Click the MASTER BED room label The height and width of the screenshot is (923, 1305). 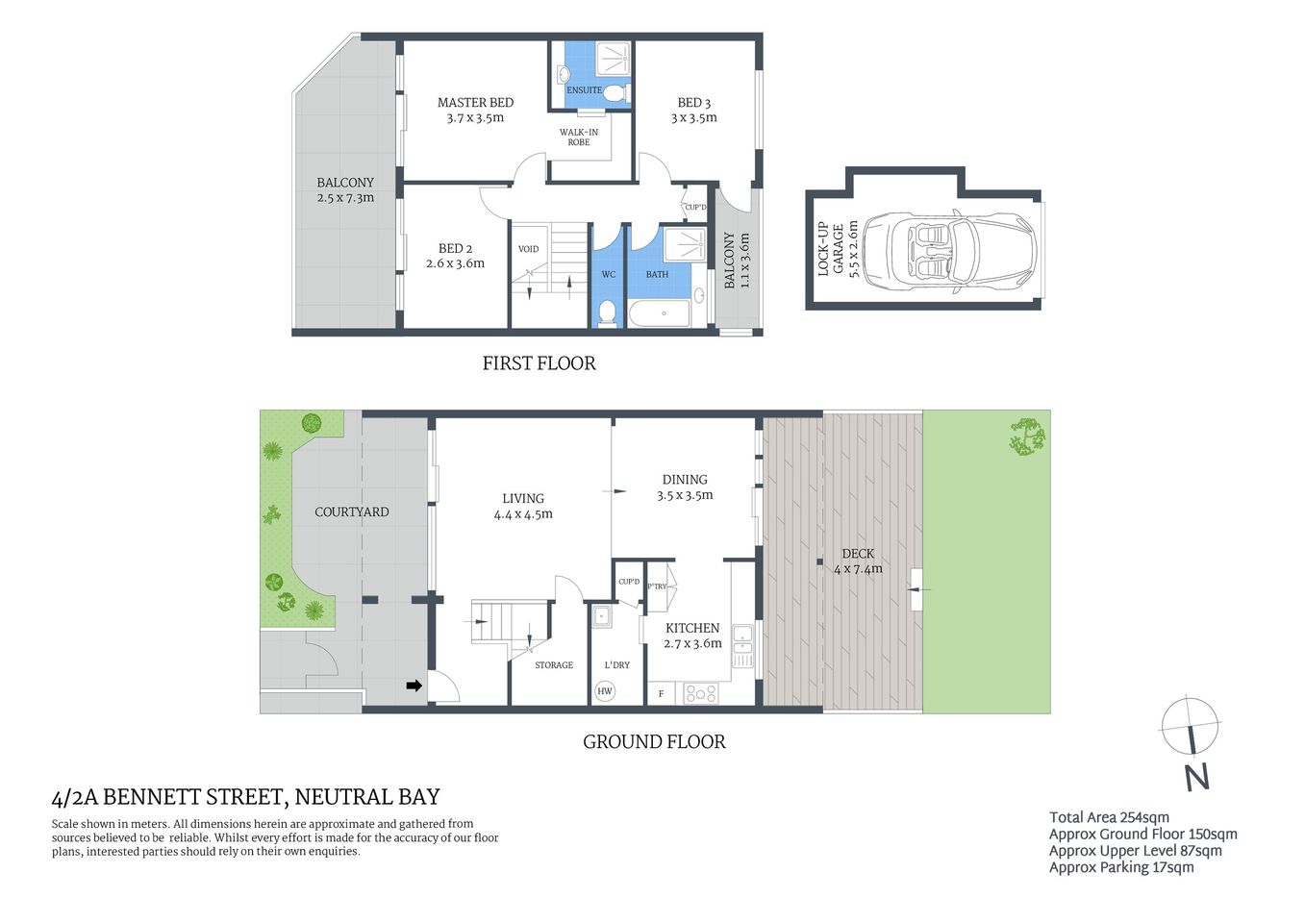pyautogui.click(x=475, y=103)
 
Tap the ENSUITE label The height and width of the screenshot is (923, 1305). pyautogui.click(x=584, y=90)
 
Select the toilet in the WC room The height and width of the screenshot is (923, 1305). pyautogui.click(x=606, y=312)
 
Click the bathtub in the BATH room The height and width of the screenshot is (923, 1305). pyautogui.click(x=660, y=313)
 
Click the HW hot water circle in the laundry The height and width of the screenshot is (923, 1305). pyautogui.click(x=605, y=690)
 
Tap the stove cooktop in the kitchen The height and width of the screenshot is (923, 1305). pyautogui.click(x=700, y=692)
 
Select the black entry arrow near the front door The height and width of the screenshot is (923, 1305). pyautogui.click(x=414, y=686)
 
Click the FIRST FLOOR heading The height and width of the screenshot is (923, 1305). pyautogui.click(x=539, y=363)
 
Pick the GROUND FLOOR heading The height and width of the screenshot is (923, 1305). pyautogui.click(x=654, y=741)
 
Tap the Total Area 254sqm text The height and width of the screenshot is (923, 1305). pyautogui.click(x=1109, y=817)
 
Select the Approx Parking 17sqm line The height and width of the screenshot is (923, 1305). pyautogui.click(x=1121, y=867)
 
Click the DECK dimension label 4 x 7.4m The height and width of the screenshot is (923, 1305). pyautogui.click(x=858, y=568)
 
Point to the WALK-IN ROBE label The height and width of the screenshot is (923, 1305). pyautogui.click(x=579, y=137)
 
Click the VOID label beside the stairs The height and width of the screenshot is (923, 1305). pyautogui.click(x=528, y=249)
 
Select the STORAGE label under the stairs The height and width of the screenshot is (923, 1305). pyautogui.click(x=554, y=665)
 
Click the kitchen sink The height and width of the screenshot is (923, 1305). pyautogui.click(x=742, y=639)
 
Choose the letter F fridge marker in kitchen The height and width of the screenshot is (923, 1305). pyautogui.click(x=661, y=693)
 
